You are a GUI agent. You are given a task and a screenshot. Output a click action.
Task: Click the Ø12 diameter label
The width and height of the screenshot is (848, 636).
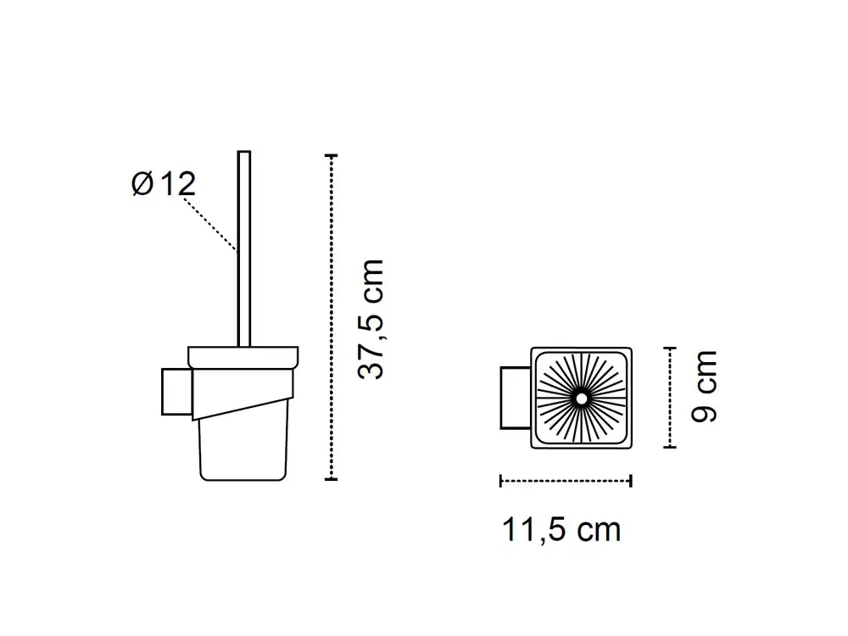(164, 184)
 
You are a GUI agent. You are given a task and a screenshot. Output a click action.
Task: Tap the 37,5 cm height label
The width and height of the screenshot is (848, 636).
(371, 319)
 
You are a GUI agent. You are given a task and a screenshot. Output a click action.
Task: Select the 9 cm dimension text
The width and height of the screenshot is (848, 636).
(704, 386)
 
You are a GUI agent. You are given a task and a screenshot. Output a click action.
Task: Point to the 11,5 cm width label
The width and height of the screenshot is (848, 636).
(561, 530)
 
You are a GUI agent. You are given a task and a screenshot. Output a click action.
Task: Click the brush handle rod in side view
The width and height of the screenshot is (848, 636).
(244, 248)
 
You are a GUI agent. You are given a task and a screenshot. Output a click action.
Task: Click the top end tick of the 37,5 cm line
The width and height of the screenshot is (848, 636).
(331, 156)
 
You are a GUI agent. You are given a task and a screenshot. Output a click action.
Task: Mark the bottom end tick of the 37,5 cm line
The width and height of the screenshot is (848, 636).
(331, 478)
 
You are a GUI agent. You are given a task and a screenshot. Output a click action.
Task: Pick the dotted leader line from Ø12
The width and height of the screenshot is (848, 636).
(210, 225)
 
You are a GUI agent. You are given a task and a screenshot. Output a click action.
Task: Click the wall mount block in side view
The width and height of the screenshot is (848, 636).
(177, 392)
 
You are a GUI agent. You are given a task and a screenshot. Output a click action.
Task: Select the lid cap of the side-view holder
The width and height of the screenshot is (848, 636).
(243, 358)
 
